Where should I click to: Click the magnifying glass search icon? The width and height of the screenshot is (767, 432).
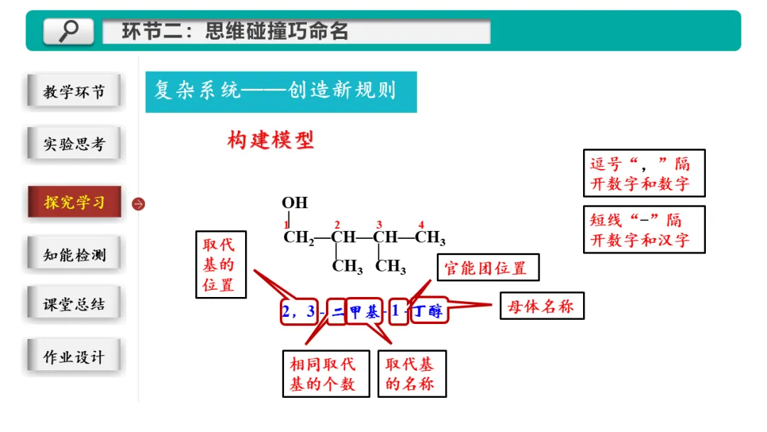click(68, 31)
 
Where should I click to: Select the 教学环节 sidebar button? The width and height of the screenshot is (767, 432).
click(74, 92)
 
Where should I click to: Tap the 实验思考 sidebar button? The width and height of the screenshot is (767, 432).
click(74, 144)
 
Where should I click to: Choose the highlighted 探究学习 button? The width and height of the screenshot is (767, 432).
click(74, 202)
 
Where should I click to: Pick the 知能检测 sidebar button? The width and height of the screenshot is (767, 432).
click(74, 254)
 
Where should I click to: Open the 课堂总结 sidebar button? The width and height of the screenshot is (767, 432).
click(74, 305)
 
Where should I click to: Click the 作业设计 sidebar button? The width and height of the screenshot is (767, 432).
click(74, 357)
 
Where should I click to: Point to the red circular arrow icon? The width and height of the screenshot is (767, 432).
click(138, 204)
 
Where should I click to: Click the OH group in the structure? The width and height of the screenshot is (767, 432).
click(295, 202)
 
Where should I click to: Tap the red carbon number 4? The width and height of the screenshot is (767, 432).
click(421, 225)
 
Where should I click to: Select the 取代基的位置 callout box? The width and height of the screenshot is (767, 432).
click(220, 264)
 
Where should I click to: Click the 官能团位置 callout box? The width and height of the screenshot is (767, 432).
click(487, 269)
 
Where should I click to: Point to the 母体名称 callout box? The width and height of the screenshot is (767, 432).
click(541, 306)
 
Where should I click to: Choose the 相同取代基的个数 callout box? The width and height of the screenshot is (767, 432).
click(325, 374)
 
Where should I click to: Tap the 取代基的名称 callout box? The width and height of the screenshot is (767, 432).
click(411, 374)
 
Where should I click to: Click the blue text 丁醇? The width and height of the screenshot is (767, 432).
click(428, 311)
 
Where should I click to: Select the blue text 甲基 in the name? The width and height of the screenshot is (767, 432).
click(364, 311)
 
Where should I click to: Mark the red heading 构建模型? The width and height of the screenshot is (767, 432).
click(271, 140)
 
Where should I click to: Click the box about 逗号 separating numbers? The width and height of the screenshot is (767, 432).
click(643, 173)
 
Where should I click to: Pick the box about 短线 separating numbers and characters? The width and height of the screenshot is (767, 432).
click(643, 229)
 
